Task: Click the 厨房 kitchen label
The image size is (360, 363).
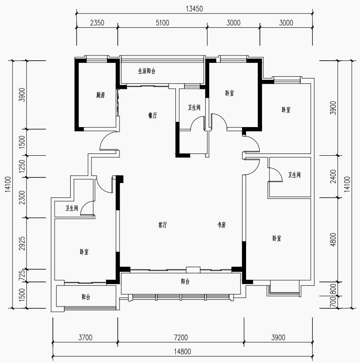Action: [x=101, y=95]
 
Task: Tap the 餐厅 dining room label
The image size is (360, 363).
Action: [x=152, y=115]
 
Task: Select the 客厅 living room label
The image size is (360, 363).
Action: [x=163, y=225]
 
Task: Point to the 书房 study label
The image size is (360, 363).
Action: [x=221, y=225]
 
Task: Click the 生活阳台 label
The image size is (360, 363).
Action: [x=147, y=71]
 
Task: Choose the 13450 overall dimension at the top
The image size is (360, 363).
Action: [x=195, y=9]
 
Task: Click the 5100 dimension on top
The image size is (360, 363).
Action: [x=162, y=23]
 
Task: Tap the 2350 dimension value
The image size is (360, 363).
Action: [x=97, y=23]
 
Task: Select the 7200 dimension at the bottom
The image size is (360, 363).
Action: [x=181, y=337]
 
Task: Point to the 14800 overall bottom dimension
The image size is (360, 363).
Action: [x=183, y=352]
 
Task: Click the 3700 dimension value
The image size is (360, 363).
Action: [x=85, y=337]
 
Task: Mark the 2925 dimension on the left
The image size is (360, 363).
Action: [x=22, y=243]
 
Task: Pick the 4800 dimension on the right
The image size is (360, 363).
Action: [x=333, y=239]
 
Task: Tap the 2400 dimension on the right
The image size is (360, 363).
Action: [x=333, y=177]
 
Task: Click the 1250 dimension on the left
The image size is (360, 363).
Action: [x=22, y=166]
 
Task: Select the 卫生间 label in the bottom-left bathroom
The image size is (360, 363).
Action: [x=71, y=208]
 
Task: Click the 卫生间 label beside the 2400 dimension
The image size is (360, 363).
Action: [x=294, y=175]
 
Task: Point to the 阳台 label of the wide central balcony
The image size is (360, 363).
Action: [x=185, y=281]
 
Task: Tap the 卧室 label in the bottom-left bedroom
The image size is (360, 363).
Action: [x=84, y=252]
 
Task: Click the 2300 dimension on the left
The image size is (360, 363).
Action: [x=22, y=197]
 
